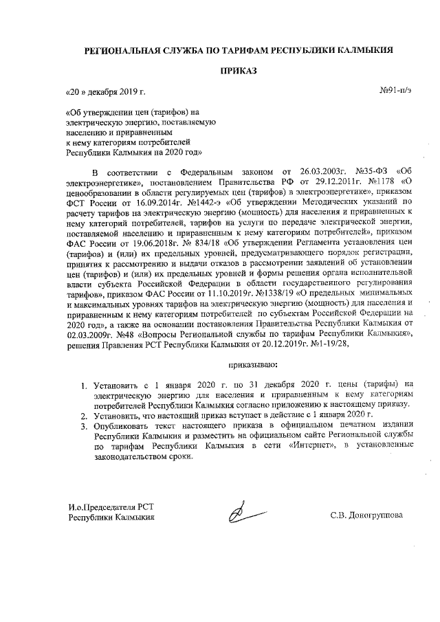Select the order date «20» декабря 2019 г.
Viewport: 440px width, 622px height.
click(x=105, y=91)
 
